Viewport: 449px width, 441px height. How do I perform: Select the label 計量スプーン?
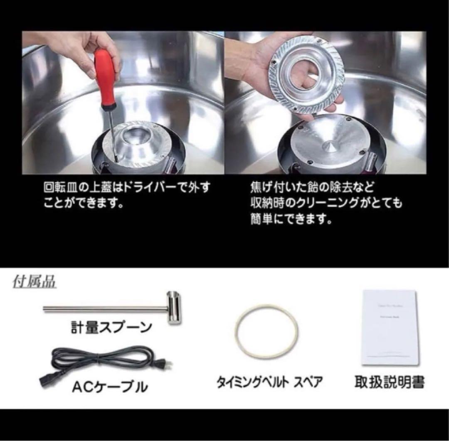tap(110, 328)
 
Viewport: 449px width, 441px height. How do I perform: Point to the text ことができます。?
tap(84, 204)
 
